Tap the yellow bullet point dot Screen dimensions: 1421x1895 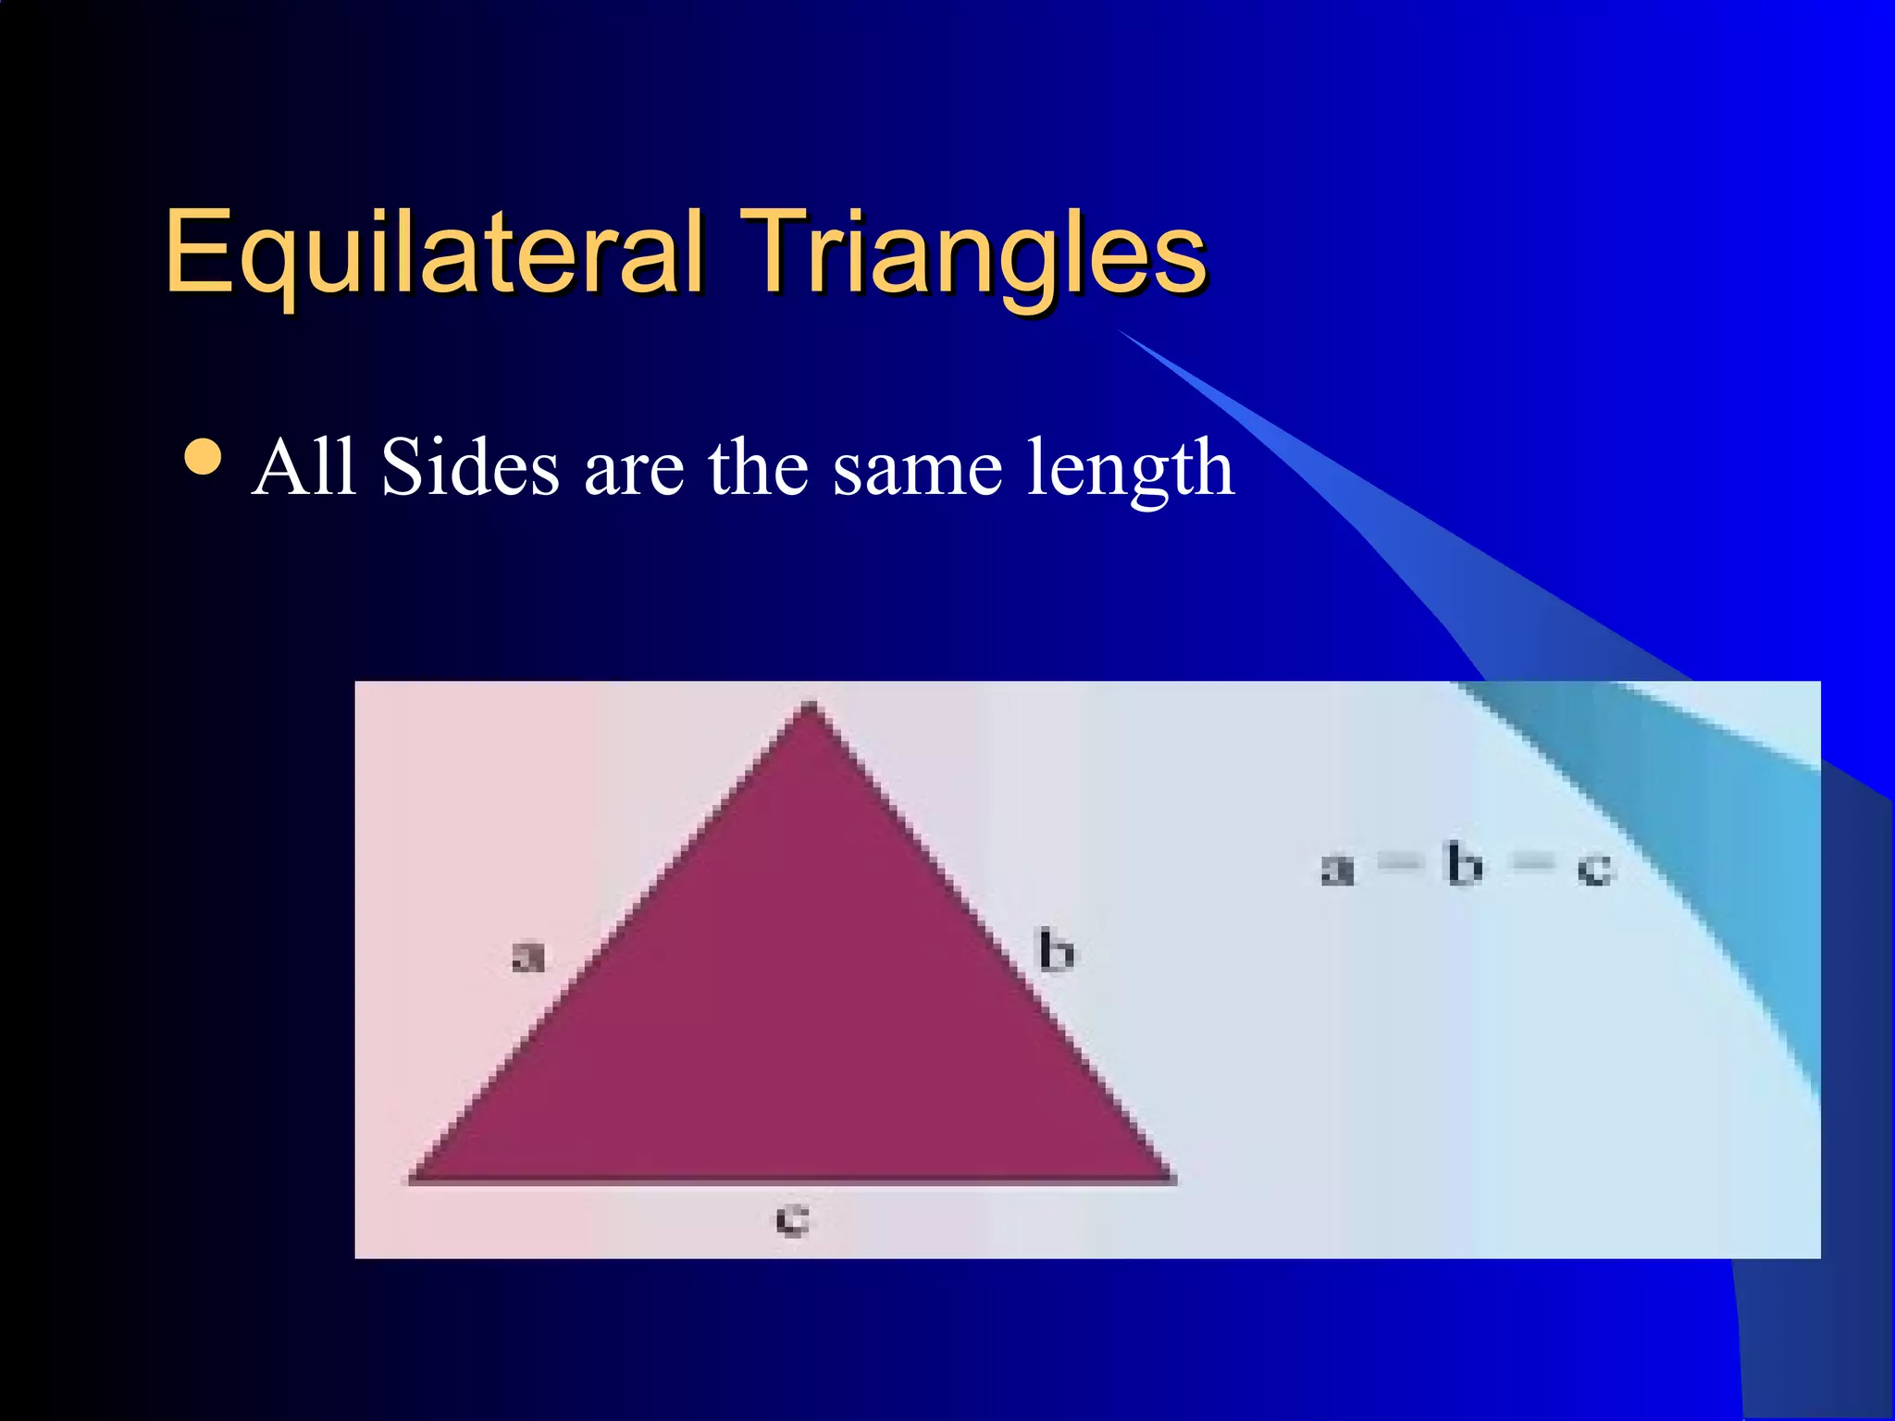pyautogui.click(x=203, y=456)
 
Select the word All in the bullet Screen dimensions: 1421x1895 pyautogui.click(x=303, y=468)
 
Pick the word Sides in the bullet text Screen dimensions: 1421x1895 pyautogui.click(x=470, y=468)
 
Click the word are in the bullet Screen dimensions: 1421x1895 pyautogui.click(x=634, y=472)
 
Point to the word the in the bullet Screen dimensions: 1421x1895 pyautogui.click(x=759, y=468)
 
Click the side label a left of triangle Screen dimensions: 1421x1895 pyautogui.click(x=528, y=957)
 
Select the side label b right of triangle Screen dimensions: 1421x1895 pyautogui.click(x=1057, y=951)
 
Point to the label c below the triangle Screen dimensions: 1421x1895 pyautogui.click(x=792, y=1219)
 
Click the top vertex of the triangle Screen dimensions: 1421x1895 pyautogui.click(x=811, y=707)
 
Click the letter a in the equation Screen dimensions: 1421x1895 pyautogui.click(x=1337, y=870)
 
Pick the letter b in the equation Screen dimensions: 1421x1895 pyautogui.click(x=1465, y=866)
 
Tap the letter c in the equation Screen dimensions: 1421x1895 pyautogui.click(x=1594, y=871)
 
